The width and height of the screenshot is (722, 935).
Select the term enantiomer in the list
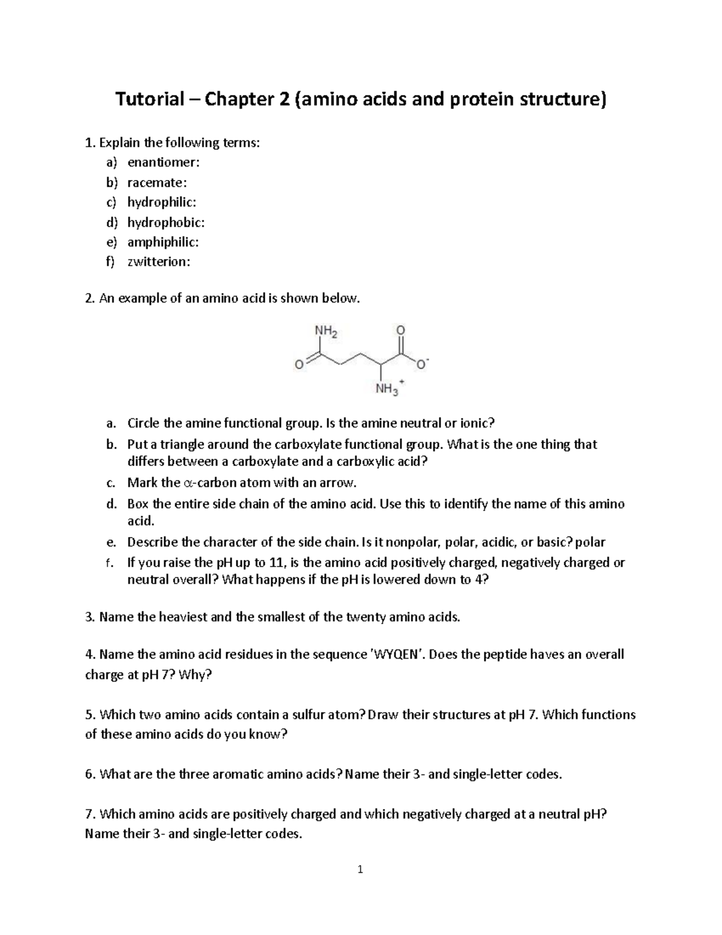click(x=163, y=163)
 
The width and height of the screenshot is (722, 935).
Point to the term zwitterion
click(x=158, y=262)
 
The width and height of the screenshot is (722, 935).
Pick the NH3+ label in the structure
click(x=388, y=389)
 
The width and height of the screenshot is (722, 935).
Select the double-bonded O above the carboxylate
click(x=401, y=330)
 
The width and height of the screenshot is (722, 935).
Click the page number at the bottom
click(x=360, y=869)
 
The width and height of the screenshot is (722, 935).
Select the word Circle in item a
click(x=144, y=423)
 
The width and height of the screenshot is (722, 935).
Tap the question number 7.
click(x=90, y=815)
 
